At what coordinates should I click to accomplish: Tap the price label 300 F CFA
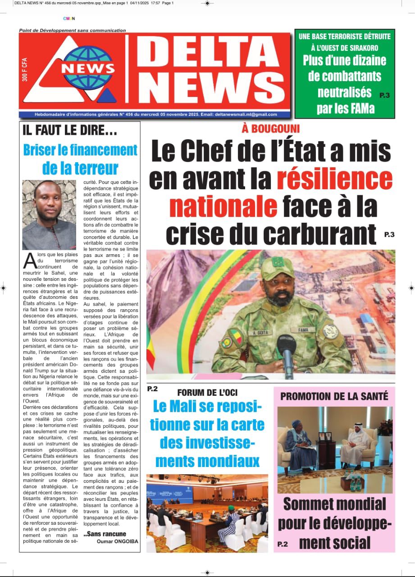pos(25,69)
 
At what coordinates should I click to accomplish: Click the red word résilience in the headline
pos(334,179)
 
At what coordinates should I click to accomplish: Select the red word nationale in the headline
pos(223,206)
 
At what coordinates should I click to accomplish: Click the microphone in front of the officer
pos(287,349)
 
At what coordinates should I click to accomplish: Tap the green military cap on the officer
pos(278,268)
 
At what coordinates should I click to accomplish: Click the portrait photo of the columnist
pos(49,215)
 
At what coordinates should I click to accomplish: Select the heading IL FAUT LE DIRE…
pos(70,131)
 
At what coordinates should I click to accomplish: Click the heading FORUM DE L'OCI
pos(207,392)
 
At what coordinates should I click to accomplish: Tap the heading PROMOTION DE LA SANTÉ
pos(334,396)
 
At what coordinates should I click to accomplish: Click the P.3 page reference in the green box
pos(385,95)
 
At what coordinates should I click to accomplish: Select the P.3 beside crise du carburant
pos(389,234)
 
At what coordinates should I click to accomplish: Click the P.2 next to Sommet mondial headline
pos(283,544)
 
